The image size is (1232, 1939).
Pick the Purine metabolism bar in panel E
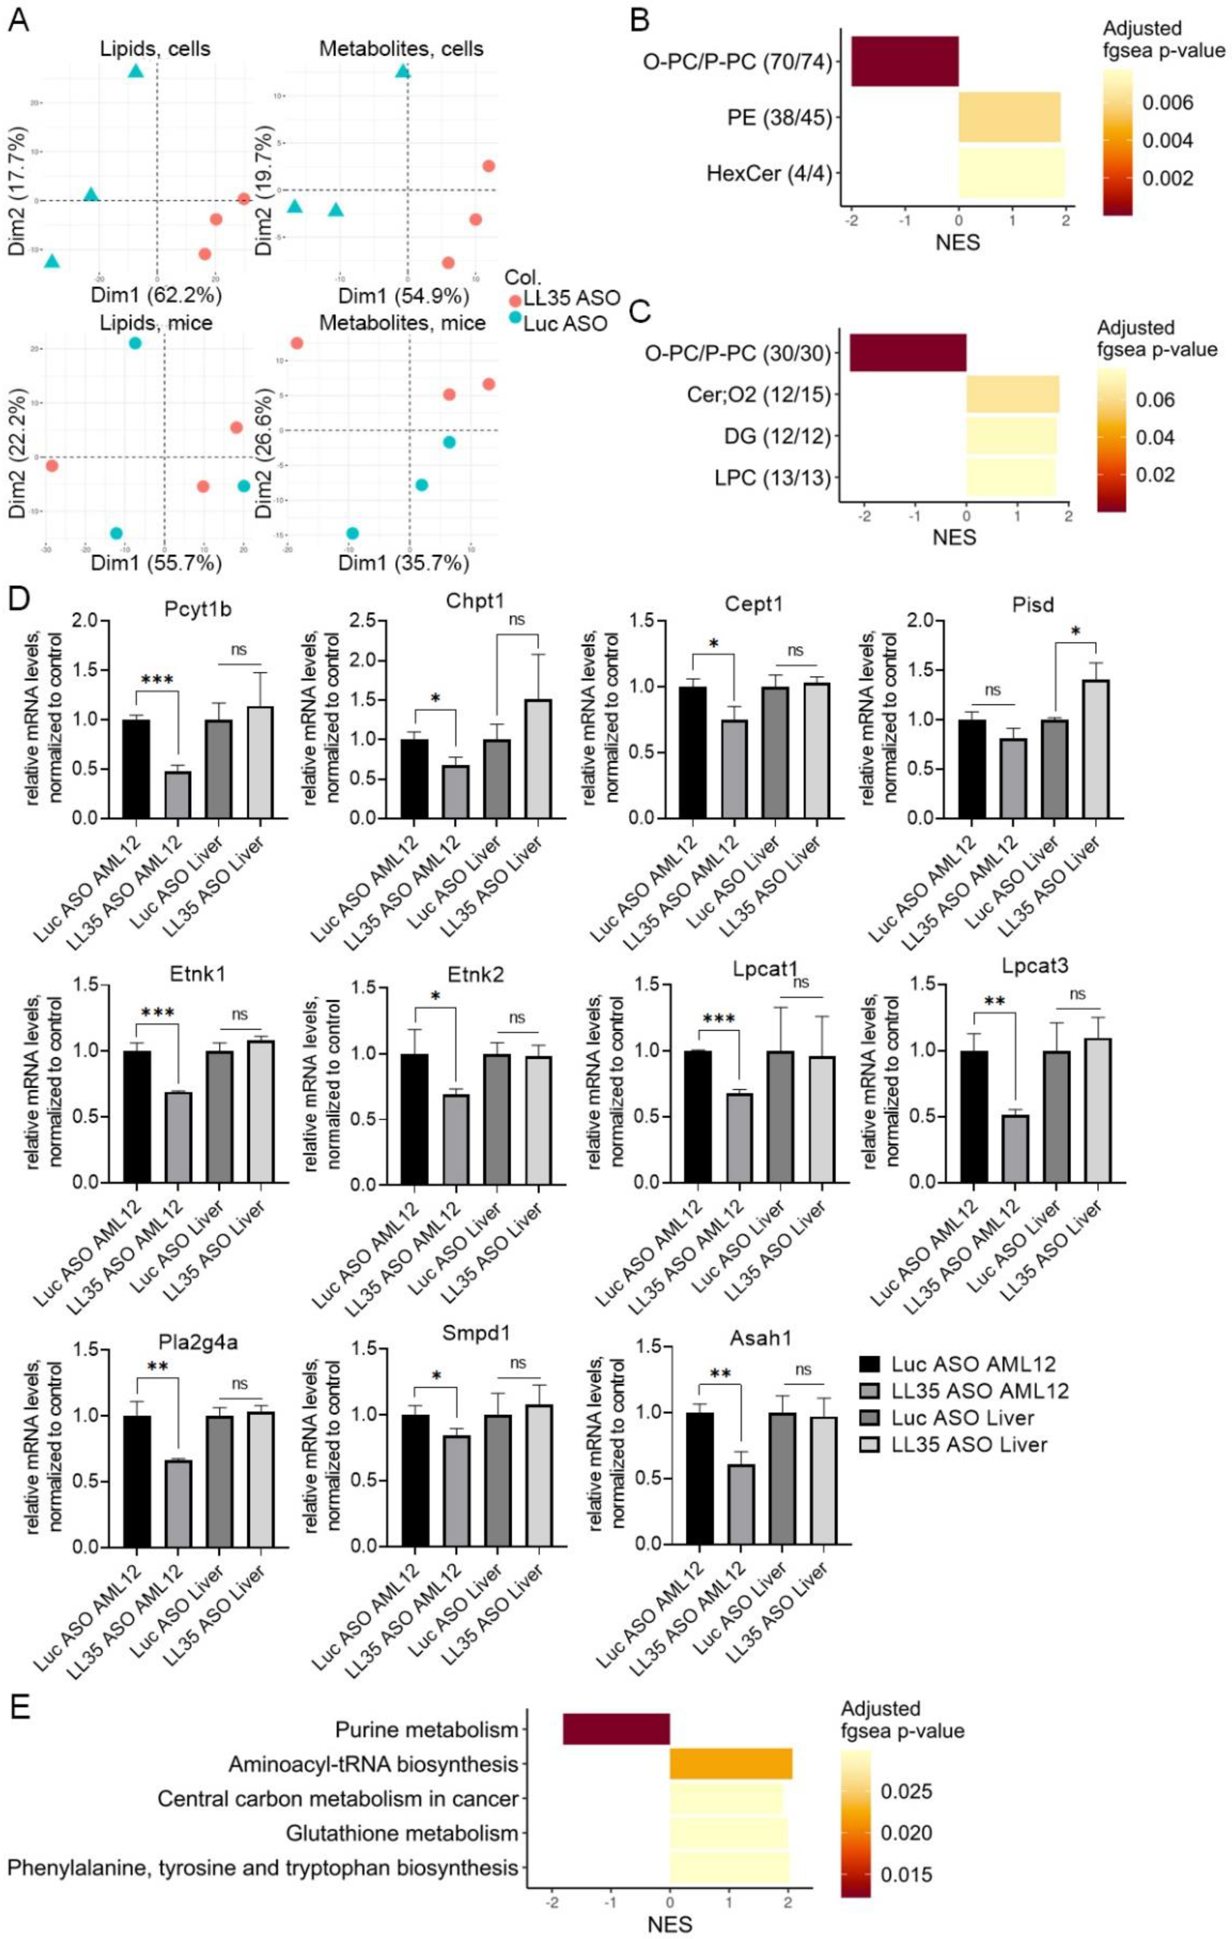pyautogui.click(x=616, y=1730)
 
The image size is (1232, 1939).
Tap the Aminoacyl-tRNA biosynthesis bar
pyautogui.click(x=730, y=1764)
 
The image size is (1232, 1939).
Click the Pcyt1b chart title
pyautogui.click(x=197, y=610)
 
